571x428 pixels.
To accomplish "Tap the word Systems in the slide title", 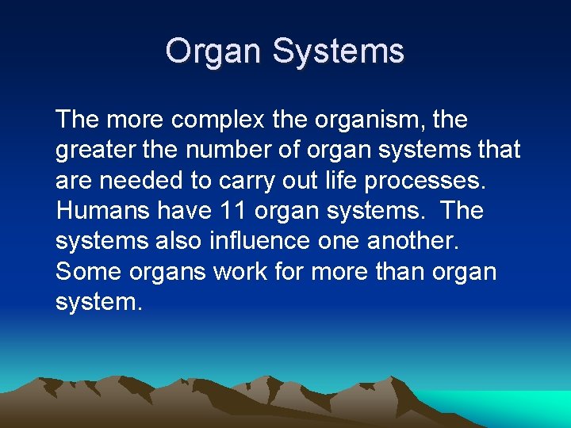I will point(339,52).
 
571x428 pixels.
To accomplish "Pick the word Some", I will point(86,271).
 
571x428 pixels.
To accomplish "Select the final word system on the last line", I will point(98,303).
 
